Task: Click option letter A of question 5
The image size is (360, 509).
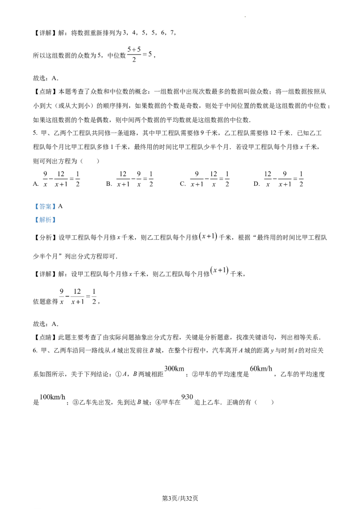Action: tap(36, 184)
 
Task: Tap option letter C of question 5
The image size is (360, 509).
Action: tap(182, 184)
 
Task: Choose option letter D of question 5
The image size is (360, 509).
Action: tap(256, 184)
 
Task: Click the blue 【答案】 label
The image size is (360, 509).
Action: tap(45, 206)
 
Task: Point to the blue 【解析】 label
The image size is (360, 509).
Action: tap(45, 220)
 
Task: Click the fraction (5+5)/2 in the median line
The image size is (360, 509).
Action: tap(134, 54)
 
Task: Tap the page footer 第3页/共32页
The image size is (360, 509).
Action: tap(180, 498)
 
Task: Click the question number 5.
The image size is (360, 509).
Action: tap(35, 133)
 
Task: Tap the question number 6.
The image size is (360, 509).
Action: tap(35, 351)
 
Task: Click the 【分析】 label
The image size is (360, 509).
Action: tap(45, 237)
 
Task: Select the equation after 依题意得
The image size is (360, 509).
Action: tap(78, 297)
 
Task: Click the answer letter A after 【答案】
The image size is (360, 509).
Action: tap(60, 206)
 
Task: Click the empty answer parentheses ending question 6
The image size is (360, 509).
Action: tap(264, 402)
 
